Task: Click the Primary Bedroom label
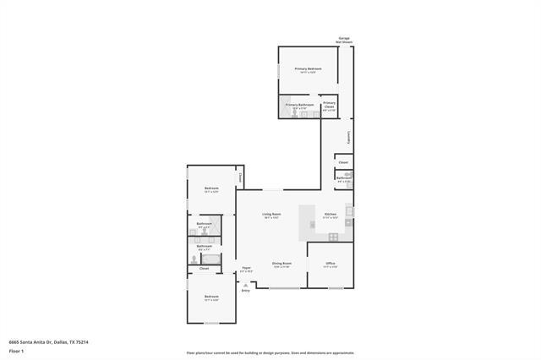[x=308, y=68]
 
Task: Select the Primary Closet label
[x=330, y=105]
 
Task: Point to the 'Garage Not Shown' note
[x=345, y=39]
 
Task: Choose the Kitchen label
[x=331, y=214]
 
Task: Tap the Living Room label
[x=270, y=214]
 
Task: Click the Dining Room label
[x=281, y=264]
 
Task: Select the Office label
[x=331, y=264]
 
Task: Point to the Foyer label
[x=246, y=269]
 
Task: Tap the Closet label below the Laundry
[x=343, y=162]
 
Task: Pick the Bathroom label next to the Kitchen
[x=344, y=178]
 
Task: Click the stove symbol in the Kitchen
[x=333, y=236]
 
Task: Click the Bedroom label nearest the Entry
[x=211, y=297]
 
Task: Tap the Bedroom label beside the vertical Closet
[x=211, y=188]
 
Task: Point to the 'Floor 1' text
[x=17, y=350]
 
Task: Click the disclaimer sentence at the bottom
[x=270, y=352]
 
